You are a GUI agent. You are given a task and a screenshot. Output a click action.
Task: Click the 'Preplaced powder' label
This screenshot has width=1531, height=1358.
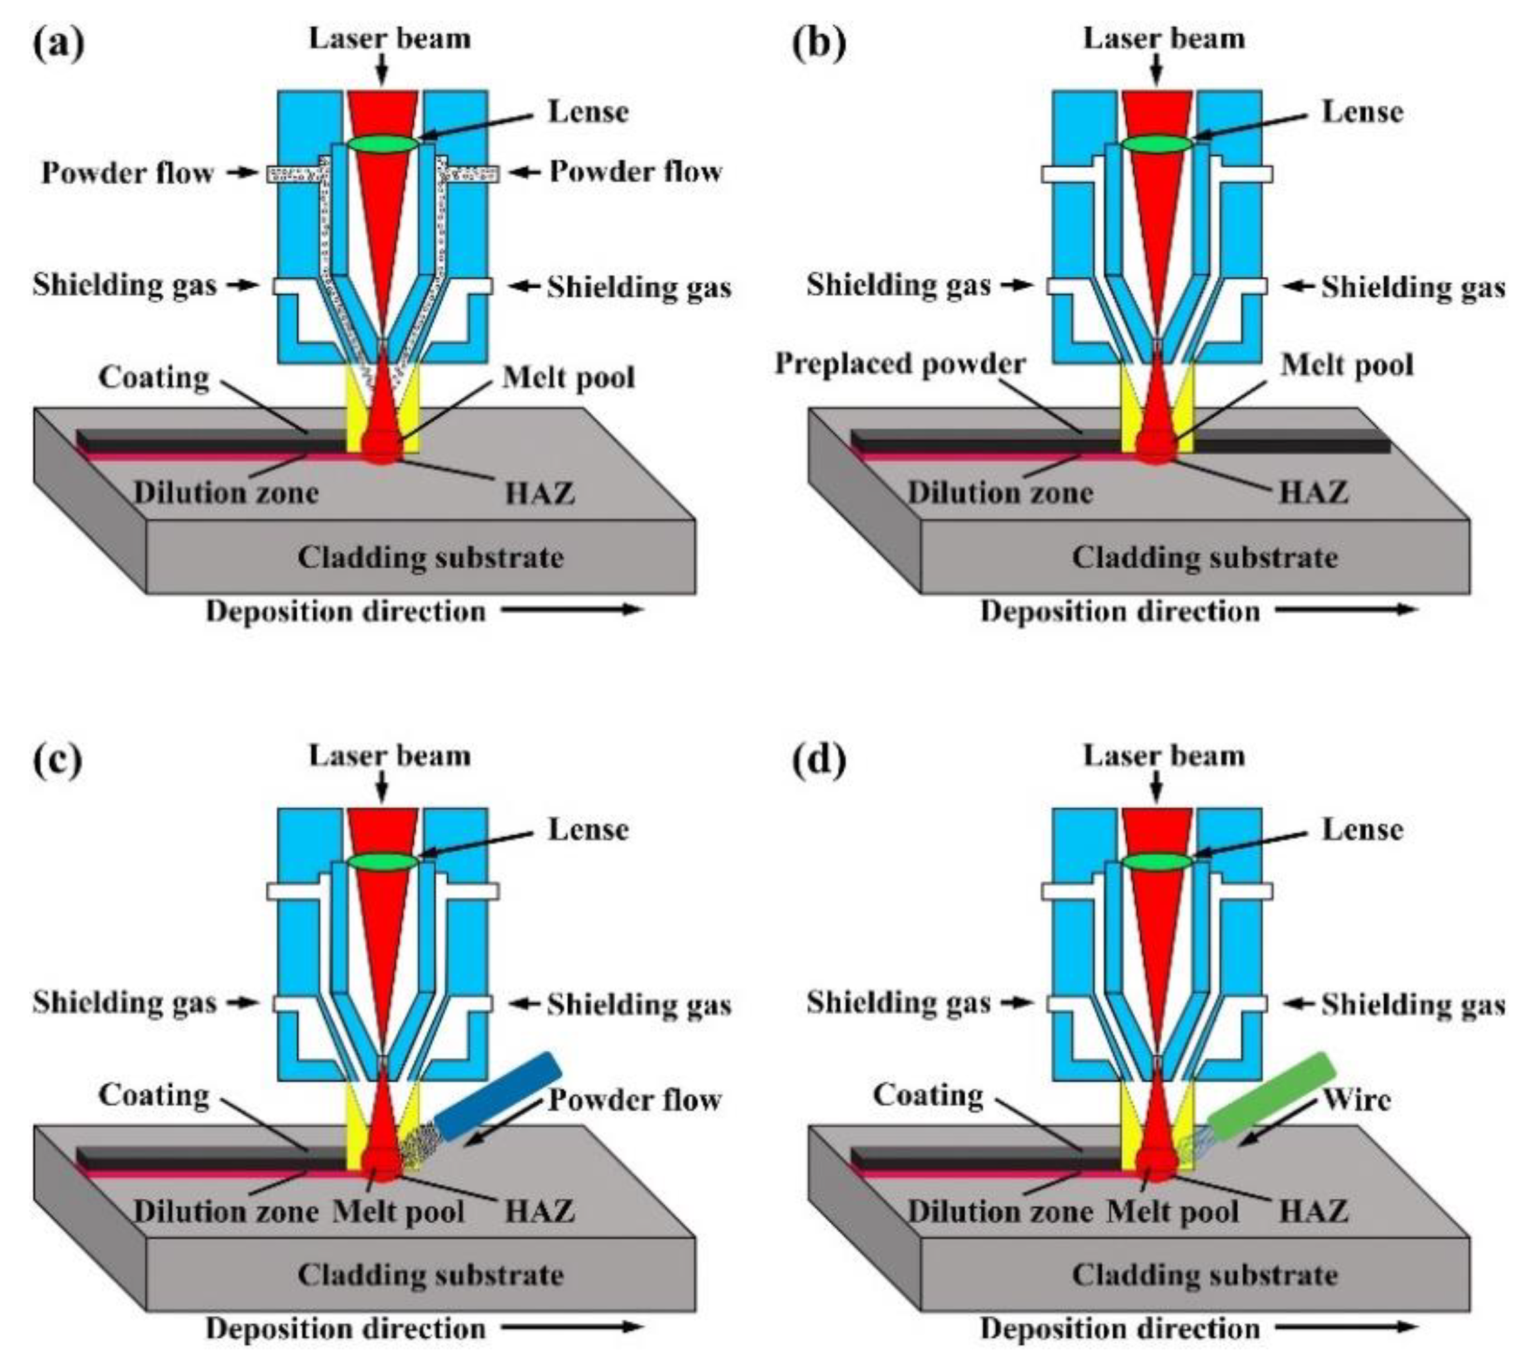click(899, 364)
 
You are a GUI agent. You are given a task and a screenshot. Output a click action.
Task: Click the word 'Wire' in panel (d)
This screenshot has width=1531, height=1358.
click(1357, 1100)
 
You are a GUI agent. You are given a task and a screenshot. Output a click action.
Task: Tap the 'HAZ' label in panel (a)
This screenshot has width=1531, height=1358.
click(540, 493)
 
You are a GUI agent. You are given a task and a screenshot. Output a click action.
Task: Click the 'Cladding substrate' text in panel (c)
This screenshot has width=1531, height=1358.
click(431, 1274)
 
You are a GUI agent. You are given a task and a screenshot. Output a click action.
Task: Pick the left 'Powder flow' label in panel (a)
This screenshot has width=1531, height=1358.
click(128, 172)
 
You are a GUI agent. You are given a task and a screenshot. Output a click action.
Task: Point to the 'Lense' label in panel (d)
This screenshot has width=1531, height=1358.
click(1363, 829)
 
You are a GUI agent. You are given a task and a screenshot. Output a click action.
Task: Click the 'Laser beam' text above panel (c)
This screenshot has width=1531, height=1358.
click(389, 755)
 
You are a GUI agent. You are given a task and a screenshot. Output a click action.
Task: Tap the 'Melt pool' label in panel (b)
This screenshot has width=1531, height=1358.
click(1347, 365)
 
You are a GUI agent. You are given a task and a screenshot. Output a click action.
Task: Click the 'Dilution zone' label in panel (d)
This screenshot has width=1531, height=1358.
click(1000, 1211)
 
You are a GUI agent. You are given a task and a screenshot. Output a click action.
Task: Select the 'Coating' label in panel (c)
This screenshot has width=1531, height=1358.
click(153, 1095)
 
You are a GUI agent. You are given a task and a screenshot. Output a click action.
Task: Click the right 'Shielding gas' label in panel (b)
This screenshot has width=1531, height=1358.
click(1413, 287)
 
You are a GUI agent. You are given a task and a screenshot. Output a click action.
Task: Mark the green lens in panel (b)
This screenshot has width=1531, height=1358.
click(1158, 143)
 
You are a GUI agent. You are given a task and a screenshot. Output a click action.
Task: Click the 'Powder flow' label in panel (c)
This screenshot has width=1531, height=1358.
click(635, 1100)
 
